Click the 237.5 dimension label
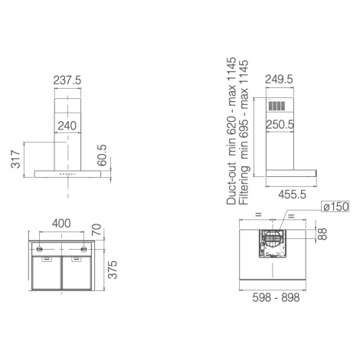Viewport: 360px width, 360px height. (x=67, y=80)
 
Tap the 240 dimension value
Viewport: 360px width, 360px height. (x=67, y=126)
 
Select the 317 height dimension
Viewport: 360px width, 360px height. (x=15, y=159)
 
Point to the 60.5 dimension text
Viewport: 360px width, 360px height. (x=102, y=155)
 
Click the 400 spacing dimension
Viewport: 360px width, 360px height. (x=61, y=224)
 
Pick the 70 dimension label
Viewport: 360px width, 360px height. (x=97, y=230)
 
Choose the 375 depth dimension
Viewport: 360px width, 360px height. (x=113, y=270)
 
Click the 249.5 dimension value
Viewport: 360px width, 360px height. (x=279, y=80)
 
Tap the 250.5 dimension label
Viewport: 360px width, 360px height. (x=280, y=125)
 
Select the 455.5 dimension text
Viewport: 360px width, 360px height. (x=292, y=195)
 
